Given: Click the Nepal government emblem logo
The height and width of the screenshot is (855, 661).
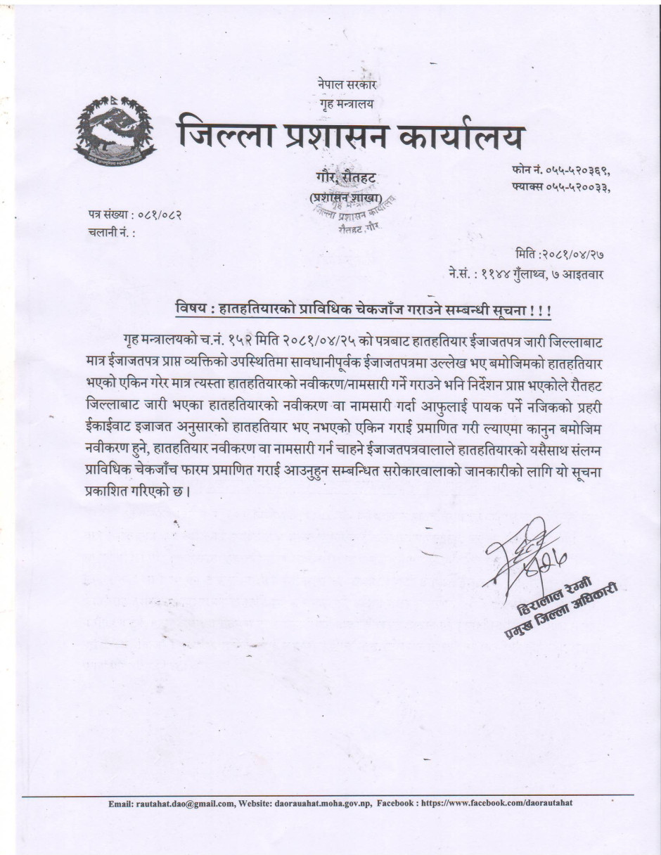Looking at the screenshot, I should point(116,130).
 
